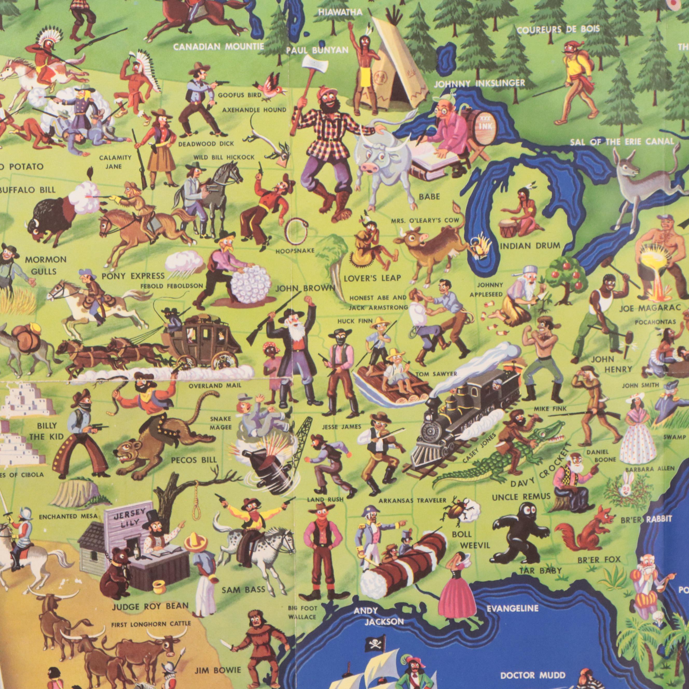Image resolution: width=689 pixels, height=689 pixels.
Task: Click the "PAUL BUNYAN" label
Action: [317, 50]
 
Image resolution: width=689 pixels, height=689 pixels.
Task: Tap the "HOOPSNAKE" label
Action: [295, 251]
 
